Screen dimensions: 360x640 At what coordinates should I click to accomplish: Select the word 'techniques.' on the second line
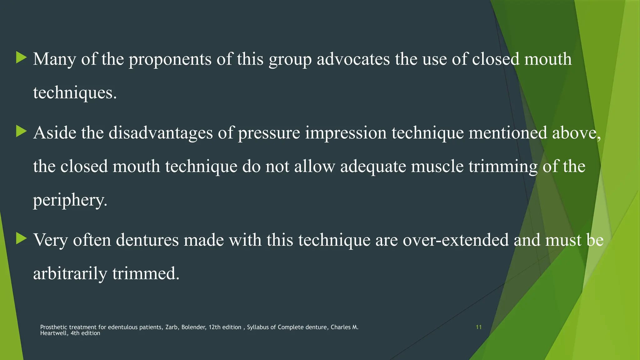pyautogui.click(x=75, y=93)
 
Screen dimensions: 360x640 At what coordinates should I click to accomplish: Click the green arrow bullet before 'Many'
pyautogui.click(x=21, y=58)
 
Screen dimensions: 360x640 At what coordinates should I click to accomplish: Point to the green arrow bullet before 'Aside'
pyautogui.click(x=21, y=132)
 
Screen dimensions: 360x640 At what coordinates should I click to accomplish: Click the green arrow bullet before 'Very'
pyautogui.click(x=21, y=239)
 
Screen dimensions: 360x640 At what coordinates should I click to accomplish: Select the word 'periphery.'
pyautogui.click(x=70, y=200)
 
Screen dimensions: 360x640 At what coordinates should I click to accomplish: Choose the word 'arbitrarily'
pyautogui.click(x=70, y=274)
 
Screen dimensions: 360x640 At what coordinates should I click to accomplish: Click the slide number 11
pyautogui.click(x=478, y=327)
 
